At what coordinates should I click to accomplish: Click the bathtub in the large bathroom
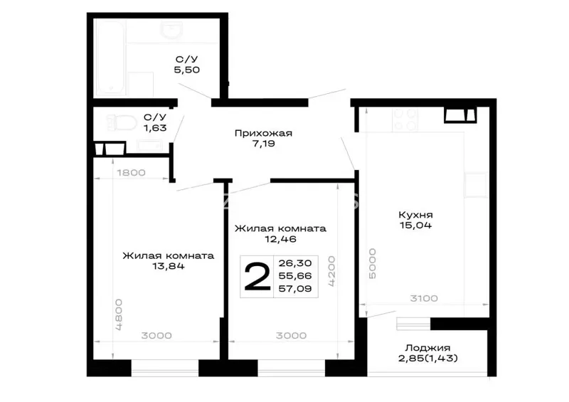click(111, 58)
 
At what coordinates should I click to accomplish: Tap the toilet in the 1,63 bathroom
click(122, 123)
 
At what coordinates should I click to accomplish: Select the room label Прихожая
click(263, 133)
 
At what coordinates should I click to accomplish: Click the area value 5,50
click(187, 70)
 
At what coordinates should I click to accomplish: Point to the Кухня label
click(415, 215)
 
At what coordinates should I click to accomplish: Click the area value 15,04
click(415, 225)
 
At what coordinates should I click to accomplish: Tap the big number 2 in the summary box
click(257, 277)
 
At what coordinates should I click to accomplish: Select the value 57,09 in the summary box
click(295, 289)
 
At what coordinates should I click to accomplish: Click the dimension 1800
click(132, 172)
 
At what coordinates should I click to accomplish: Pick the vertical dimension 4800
click(119, 314)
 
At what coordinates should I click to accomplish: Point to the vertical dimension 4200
click(331, 271)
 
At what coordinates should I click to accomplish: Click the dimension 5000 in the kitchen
click(372, 264)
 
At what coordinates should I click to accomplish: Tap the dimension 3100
click(424, 299)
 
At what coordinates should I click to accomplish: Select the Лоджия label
click(428, 348)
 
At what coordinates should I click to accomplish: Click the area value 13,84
click(169, 266)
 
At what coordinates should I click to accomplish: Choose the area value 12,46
click(280, 239)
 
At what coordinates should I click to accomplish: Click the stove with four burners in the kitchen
click(405, 120)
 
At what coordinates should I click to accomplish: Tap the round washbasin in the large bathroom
click(172, 29)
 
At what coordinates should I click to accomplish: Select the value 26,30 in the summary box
click(295, 263)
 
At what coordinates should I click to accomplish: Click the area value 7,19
click(264, 144)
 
